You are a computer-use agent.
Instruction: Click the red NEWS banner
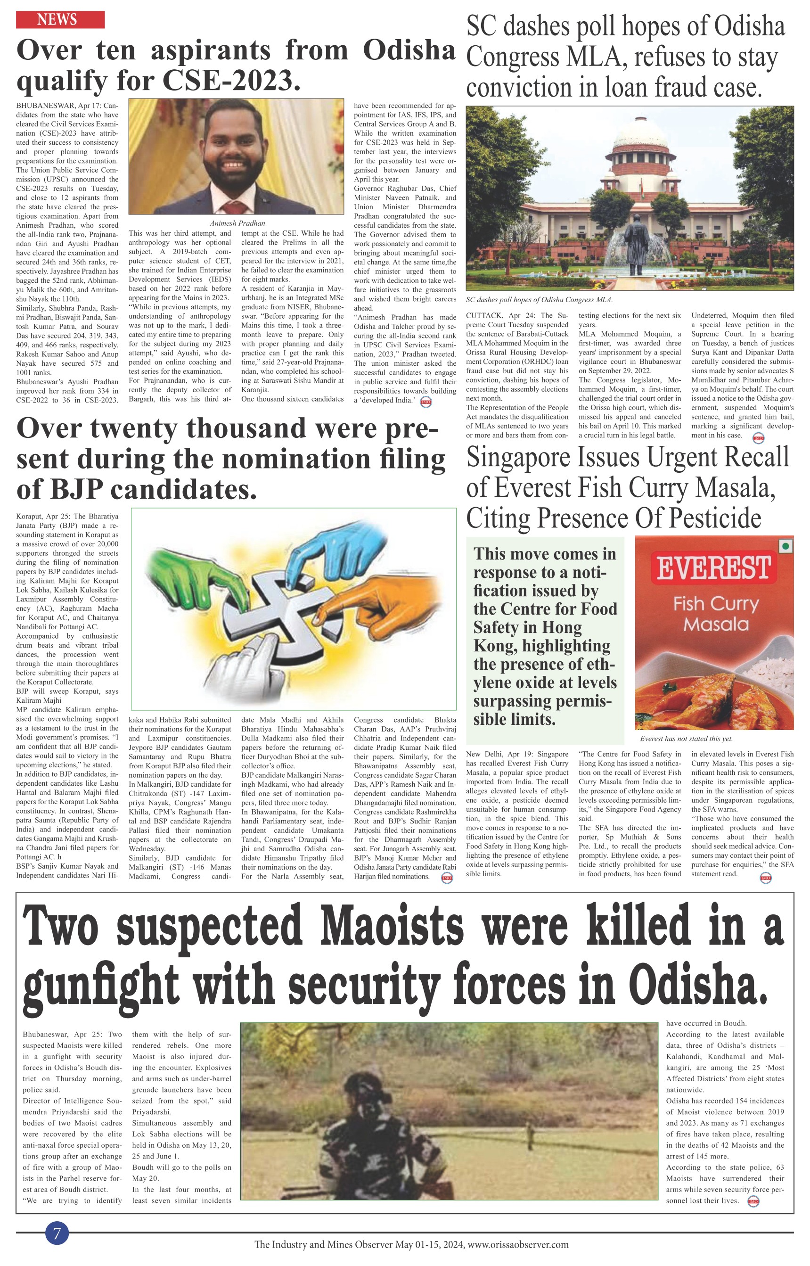pyautogui.click(x=60, y=20)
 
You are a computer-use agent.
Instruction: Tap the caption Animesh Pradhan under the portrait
pyautogui.click(x=237, y=223)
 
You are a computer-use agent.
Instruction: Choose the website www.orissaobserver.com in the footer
pyautogui.click(x=518, y=1244)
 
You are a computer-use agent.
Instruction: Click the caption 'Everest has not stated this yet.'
pyautogui.click(x=686, y=739)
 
